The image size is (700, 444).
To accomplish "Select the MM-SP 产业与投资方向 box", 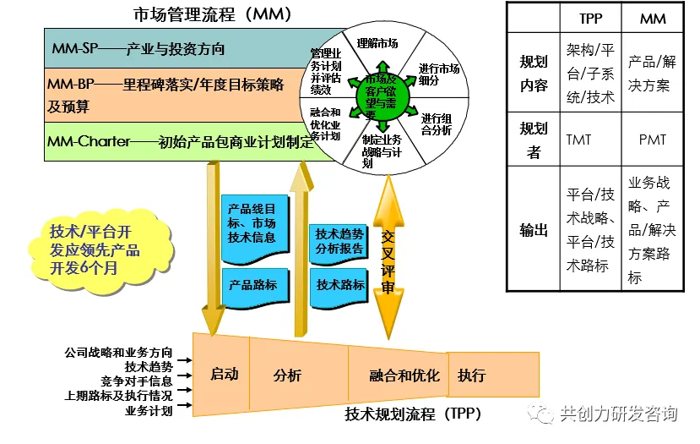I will pos(169,48).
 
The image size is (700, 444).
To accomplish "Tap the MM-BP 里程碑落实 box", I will pos(169,95).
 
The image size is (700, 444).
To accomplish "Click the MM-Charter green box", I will pos(169,141).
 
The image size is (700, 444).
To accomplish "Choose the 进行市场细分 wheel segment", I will pos(439,74).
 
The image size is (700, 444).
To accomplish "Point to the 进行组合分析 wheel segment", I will pos(436,124).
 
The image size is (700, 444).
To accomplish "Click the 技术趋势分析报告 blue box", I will pos(339,241).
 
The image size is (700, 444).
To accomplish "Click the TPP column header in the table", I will pos(591,18).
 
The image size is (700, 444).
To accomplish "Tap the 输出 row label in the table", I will pos(534,229).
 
